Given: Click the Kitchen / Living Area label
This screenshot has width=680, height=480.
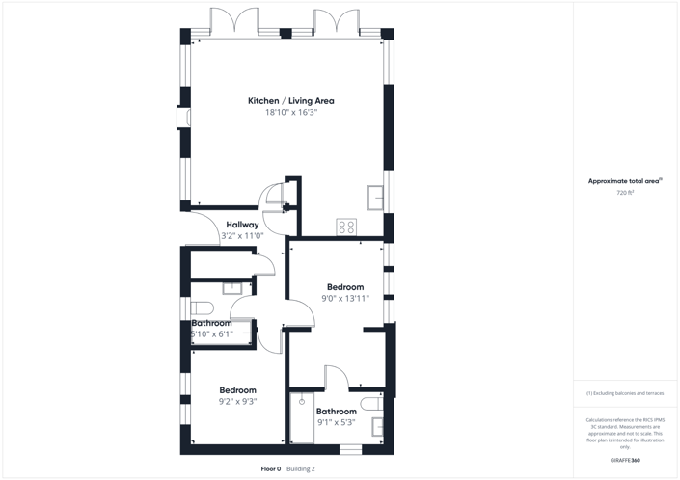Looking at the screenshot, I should (x=290, y=101).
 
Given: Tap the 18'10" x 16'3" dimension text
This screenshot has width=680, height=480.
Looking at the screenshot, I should (x=290, y=113).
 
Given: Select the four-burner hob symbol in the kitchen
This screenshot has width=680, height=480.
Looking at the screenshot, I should (x=345, y=227).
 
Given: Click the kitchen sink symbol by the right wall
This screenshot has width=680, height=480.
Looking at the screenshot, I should (x=375, y=197).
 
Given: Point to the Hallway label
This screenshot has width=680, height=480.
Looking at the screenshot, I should (x=242, y=225).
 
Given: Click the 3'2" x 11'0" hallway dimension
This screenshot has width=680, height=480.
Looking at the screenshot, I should (x=242, y=235).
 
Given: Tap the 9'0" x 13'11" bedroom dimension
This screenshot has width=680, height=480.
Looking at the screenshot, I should (x=345, y=298).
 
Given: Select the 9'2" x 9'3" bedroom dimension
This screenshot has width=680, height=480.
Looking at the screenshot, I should (x=237, y=401).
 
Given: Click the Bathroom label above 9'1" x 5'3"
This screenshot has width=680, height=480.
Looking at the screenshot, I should (x=336, y=412).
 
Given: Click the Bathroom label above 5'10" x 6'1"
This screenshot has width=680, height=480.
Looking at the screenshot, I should (x=211, y=323).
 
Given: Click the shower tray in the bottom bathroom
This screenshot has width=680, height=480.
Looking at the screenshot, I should (x=302, y=419).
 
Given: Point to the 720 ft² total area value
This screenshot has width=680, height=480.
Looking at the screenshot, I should (x=624, y=193).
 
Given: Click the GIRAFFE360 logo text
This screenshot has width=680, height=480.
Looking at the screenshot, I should (x=624, y=461).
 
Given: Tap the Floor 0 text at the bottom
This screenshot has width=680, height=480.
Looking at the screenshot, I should (x=271, y=469).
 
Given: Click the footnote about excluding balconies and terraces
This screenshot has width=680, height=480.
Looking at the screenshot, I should (x=624, y=393).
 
